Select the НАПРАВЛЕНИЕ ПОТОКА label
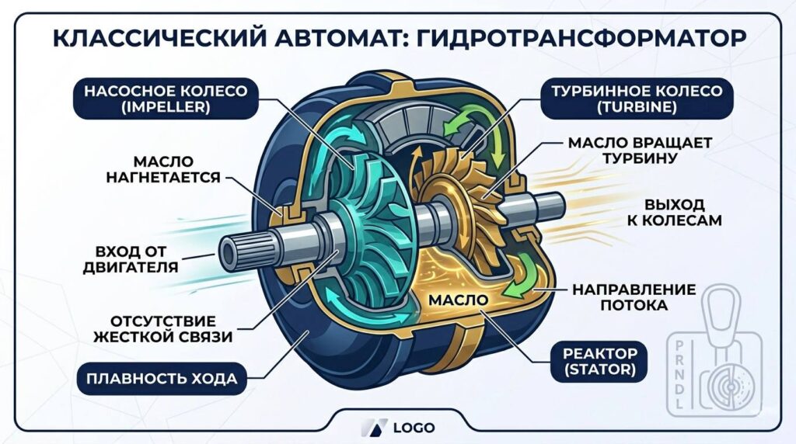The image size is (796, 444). pos(634,297)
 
